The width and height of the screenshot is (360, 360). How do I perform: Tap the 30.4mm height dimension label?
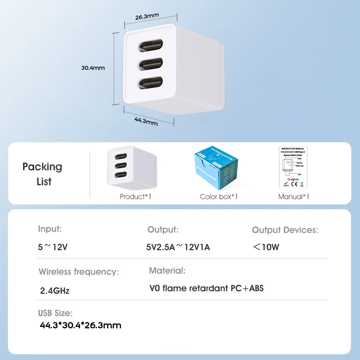[93, 68]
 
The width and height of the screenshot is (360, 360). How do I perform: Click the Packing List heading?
[43, 174]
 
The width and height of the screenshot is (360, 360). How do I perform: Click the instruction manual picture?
[293, 167]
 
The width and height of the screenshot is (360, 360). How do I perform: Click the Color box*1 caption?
[219, 197]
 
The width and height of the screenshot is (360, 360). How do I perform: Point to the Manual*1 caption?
[293, 197]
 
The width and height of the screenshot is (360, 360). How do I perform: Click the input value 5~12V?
[53, 247]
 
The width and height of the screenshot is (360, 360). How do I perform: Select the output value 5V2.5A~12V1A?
[178, 247]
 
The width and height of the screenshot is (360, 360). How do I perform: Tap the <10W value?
[266, 247]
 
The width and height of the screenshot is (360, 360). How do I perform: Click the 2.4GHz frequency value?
[55, 291]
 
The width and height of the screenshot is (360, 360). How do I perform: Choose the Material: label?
[167, 270]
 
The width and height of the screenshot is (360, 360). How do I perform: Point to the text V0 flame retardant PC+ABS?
[206, 288]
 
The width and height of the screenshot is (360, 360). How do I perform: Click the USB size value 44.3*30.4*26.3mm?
[80, 325]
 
